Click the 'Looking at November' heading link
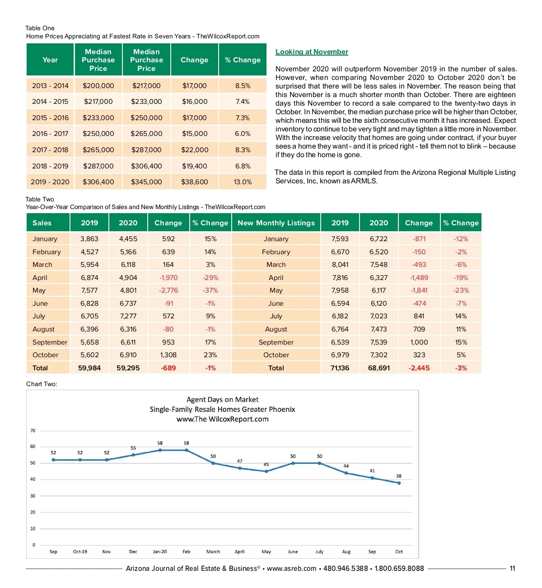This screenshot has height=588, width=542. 312,52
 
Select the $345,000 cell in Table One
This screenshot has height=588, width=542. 146,182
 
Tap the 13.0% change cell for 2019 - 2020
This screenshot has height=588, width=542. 243,182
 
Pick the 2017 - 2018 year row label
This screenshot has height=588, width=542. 50,150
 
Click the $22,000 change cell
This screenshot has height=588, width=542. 195,150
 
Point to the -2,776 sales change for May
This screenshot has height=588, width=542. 168,290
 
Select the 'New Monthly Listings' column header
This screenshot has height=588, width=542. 276,223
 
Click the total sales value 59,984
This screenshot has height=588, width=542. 89,368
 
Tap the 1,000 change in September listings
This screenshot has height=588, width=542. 419,342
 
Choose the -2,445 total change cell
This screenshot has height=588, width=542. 419,368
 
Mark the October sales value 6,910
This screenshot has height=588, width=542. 128,355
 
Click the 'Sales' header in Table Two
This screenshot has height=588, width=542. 42,223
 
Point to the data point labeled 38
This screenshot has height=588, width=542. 399,483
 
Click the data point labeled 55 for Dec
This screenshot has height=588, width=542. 133,455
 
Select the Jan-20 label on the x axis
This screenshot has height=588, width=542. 159,551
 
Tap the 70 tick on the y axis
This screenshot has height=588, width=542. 33,431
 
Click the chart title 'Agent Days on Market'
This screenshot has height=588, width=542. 222,400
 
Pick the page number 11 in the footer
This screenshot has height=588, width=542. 512,569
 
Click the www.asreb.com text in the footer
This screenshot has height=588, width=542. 291,569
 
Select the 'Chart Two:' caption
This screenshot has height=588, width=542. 42,384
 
